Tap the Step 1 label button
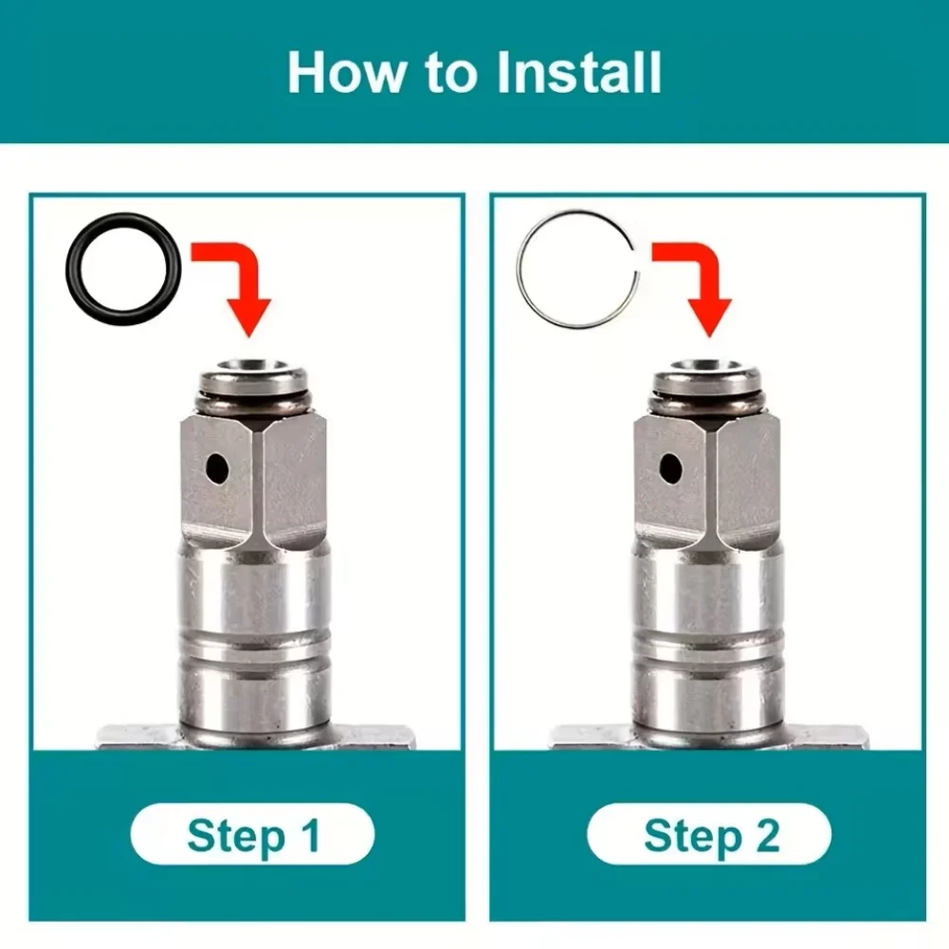click(253, 836)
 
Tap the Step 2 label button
click(709, 836)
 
